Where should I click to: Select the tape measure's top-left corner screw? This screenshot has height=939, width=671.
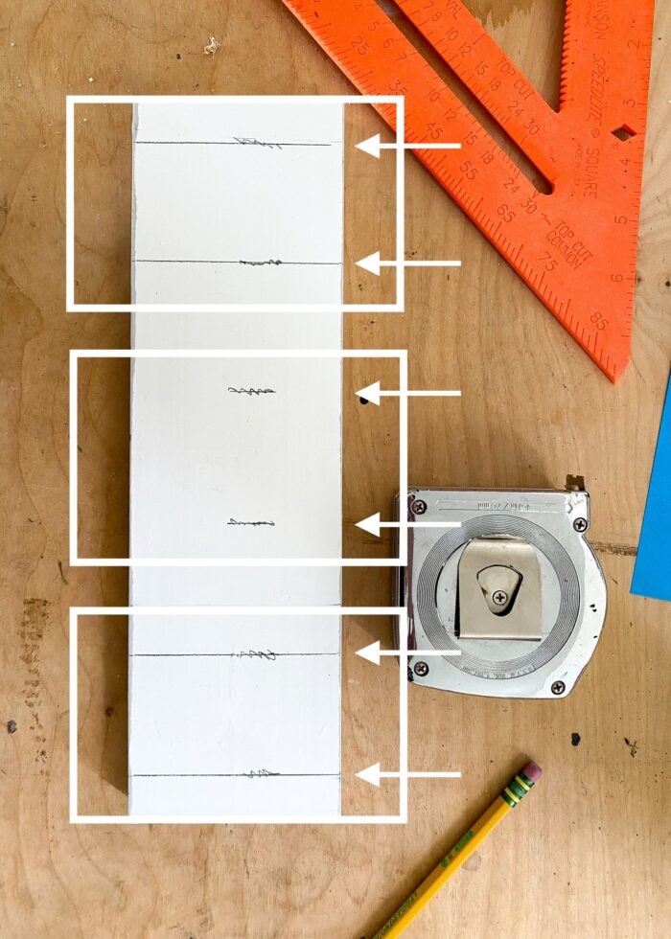tap(419, 506)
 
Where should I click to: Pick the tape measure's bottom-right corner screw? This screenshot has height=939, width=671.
tap(558, 686)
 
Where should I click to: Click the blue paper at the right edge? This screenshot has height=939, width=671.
tap(654, 508)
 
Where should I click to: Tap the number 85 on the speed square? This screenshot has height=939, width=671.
tap(598, 322)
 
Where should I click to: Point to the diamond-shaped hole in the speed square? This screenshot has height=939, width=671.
tap(624, 131)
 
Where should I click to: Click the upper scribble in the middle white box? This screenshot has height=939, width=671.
tap(252, 390)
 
